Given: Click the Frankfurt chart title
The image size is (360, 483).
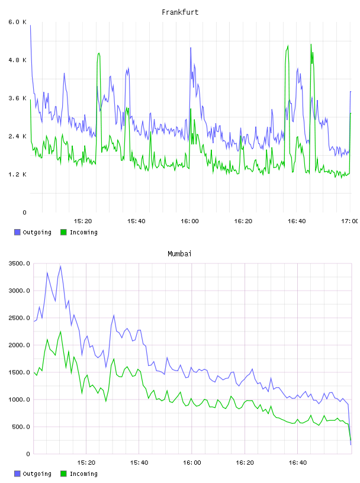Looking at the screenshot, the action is [180, 12].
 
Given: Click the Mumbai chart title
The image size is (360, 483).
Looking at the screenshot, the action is [179, 254].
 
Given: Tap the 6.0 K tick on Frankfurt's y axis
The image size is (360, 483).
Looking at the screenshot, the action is [18, 22].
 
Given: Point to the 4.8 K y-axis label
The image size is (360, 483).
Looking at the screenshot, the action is [18, 60].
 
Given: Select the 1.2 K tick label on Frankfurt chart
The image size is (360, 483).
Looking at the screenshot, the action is [18, 175].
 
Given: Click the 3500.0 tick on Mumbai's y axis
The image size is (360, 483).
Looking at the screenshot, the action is [20, 263].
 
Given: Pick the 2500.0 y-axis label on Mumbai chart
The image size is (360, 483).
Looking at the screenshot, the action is [20, 318].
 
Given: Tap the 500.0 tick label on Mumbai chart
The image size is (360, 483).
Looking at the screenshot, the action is [21, 427].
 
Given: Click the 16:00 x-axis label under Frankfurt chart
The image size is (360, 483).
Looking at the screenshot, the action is [189, 221].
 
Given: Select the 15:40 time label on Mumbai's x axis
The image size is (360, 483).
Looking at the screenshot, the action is [139, 463].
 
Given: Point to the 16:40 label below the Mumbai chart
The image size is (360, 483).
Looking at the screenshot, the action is [298, 463].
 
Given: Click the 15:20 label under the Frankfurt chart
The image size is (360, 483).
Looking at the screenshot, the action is [83, 221].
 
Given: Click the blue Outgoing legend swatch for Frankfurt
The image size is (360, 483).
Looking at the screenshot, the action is [17, 232].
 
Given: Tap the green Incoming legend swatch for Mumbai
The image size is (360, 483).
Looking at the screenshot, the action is [63, 474].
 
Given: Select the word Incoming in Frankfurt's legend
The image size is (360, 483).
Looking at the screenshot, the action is [83, 233].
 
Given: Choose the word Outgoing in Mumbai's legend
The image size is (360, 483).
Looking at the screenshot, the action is [37, 474].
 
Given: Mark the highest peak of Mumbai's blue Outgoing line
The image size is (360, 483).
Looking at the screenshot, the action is [60, 266].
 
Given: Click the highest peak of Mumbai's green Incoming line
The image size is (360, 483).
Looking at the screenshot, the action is [60, 331].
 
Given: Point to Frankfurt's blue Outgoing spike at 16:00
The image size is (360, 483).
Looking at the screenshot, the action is [191, 48].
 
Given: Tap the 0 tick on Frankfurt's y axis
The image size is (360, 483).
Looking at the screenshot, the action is [24, 212].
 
